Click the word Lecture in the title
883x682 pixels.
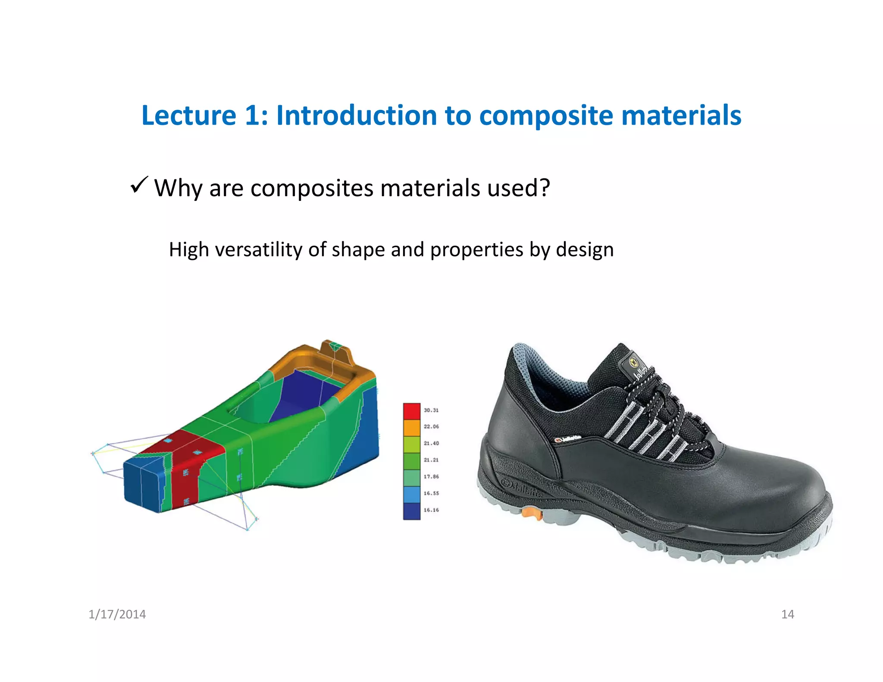[189, 116]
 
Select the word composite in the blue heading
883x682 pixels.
[545, 116]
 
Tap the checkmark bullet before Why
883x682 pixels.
[139, 185]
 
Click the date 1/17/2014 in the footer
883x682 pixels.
[117, 614]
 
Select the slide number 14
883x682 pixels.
[787, 614]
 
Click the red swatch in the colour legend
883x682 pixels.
[411, 411]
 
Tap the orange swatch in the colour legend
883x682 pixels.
[411, 427]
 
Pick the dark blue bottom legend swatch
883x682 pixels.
[411, 511]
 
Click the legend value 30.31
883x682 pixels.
[431, 410]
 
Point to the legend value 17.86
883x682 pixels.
[431, 476]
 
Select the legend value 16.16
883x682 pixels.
[431, 510]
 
